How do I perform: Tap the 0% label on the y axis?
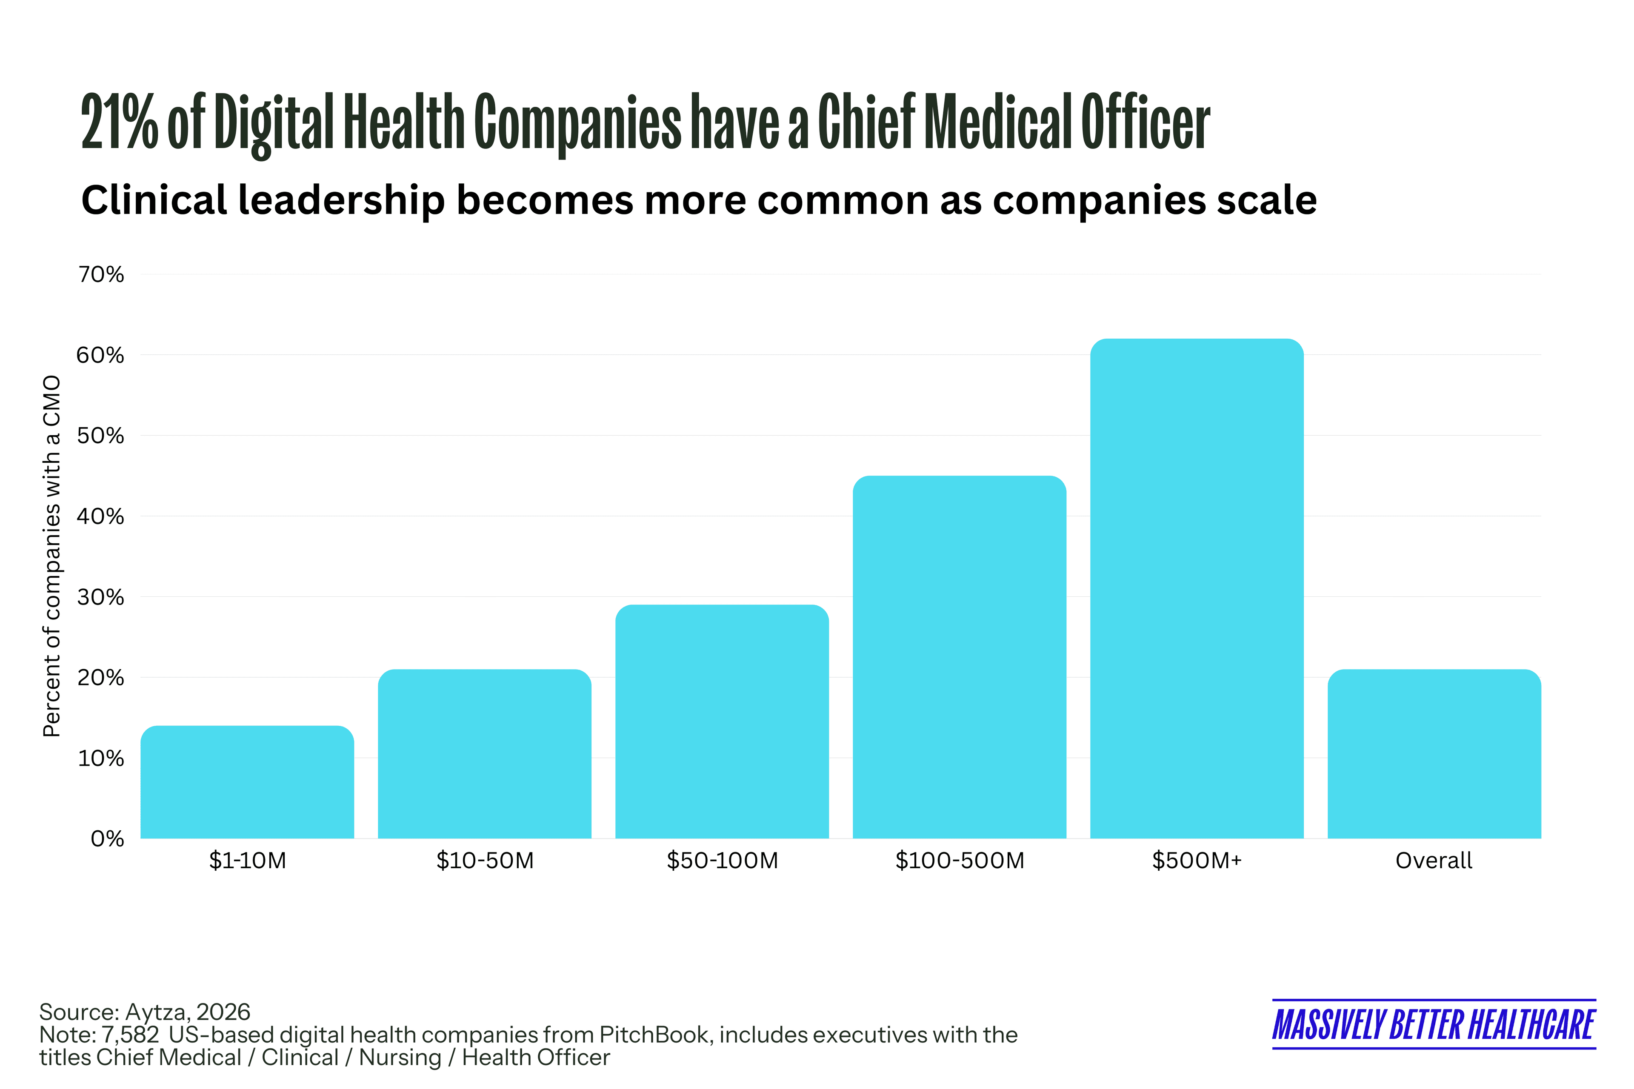[108, 839]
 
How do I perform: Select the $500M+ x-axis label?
[1196, 861]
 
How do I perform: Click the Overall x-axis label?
[1434, 861]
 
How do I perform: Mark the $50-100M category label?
[722, 861]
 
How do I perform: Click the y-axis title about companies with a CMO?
[52, 556]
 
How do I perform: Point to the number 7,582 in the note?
[131, 1035]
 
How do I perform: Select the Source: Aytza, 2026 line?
[145, 1012]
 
